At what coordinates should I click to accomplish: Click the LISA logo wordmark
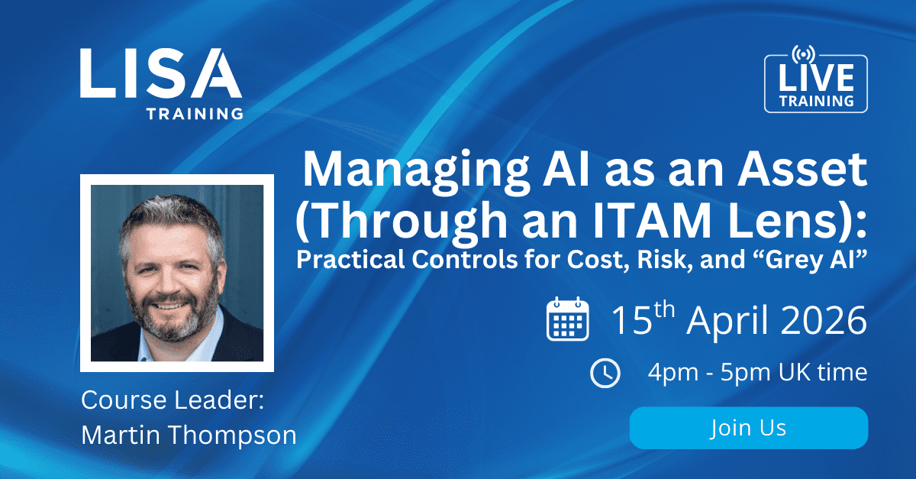[160, 74]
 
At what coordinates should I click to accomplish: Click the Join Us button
[748, 428]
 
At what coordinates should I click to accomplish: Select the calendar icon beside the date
[568, 319]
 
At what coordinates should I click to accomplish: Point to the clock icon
[605, 373]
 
